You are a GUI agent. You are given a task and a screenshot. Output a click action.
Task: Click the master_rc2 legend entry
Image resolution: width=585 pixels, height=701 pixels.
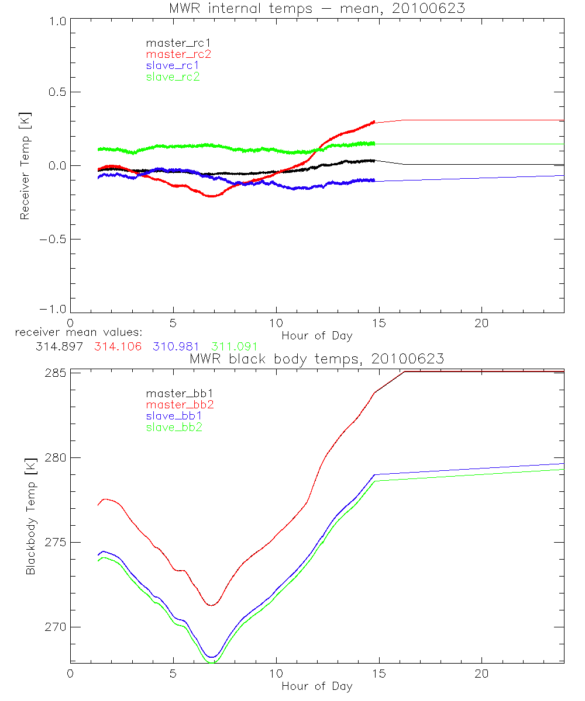[178, 54]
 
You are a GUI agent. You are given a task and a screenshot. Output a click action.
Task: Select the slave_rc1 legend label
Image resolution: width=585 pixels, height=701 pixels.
[173, 65]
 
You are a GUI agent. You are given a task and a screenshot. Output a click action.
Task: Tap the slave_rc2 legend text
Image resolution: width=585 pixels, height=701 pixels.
[173, 77]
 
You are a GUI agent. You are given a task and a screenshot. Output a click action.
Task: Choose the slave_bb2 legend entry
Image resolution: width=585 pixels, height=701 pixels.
[175, 428]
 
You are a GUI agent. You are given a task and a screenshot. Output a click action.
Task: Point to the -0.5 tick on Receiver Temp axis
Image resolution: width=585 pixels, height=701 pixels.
[51, 239]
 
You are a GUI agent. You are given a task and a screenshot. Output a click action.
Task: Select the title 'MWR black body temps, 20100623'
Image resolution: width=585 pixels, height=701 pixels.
[316, 359]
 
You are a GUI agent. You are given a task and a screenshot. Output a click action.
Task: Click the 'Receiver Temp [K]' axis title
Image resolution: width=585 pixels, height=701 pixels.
[25, 165]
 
